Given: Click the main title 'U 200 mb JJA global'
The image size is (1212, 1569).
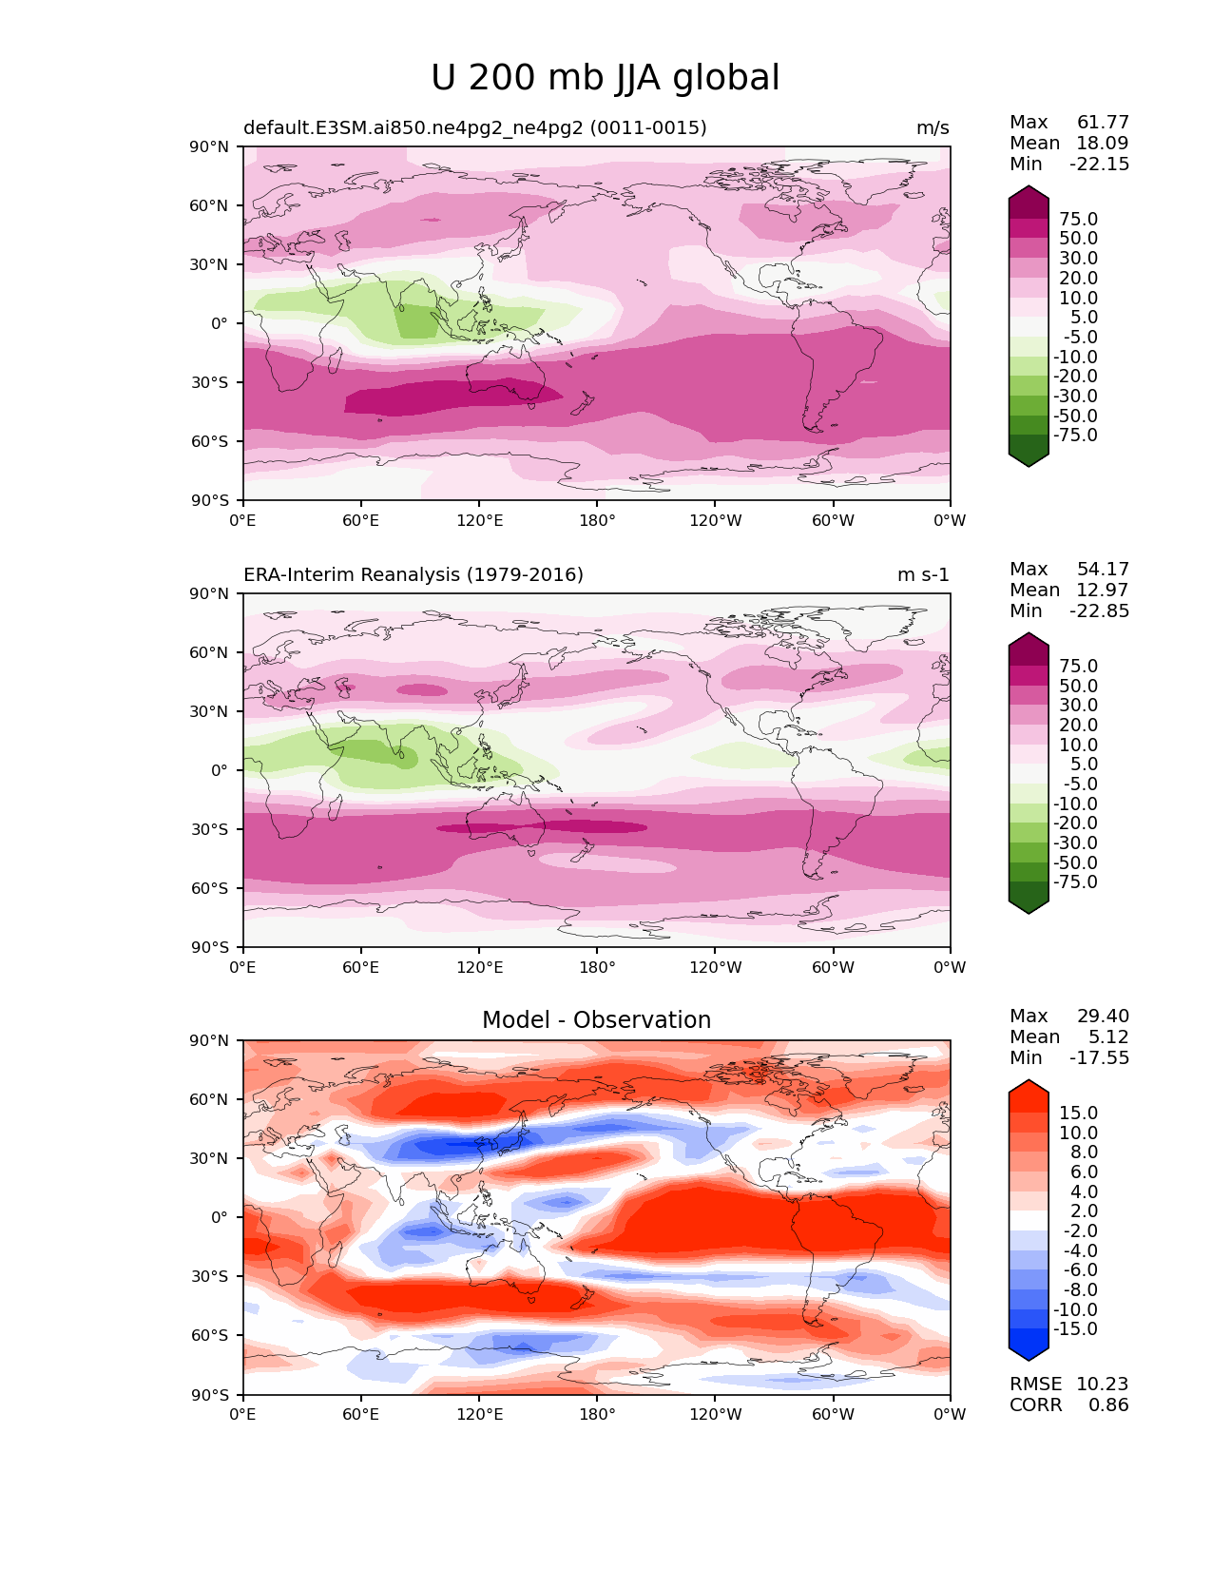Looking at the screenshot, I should pyautogui.click(x=605, y=78).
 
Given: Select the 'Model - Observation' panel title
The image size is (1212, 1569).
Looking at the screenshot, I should pyautogui.click(x=596, y=1020).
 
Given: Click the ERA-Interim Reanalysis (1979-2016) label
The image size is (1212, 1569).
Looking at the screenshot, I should pyautogui.click(x=414, y=574).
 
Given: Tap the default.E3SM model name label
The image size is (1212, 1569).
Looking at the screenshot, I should pyautogui.click(x=474, y=127).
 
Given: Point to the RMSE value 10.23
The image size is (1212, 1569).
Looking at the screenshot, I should pyautogui.click(x=1102, y=1384).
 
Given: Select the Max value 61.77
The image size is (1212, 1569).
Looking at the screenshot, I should pyautogui.click(x=1103, y=122).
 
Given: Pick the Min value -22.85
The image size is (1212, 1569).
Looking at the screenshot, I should pyautogui.click(x=1100, y=610).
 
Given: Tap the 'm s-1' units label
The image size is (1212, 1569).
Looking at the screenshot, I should pyautogui.click(x=923, y=574).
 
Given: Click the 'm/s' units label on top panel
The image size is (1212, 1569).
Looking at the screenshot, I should pyautogui.click(x=932, y=127).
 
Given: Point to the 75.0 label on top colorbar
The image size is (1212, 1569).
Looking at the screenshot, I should pyautogui.click(x=1078, y=219).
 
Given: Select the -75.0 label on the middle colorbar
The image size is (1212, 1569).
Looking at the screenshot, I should pyautogui.click(x=1075, y=881).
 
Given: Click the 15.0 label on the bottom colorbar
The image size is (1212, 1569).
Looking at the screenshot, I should pyautogui.click(x=1078, y=1113).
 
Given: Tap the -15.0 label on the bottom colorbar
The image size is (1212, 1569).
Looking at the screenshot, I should pyautogui.click(x=1075, y=1328).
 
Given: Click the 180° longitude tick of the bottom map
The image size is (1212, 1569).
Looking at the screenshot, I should pyautogui.click(x=597, y=1414).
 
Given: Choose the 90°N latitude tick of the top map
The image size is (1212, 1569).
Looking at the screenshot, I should pyautogui.click(x=211, y=146).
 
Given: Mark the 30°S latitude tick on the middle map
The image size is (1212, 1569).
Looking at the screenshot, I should pyautogui.click(x=211, y=829).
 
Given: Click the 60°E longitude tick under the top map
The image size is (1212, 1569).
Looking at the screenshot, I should pyautogui.click(x=360, y=520).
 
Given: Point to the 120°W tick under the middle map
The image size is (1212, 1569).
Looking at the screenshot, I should pyautogui.click(x=715, y=967).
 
